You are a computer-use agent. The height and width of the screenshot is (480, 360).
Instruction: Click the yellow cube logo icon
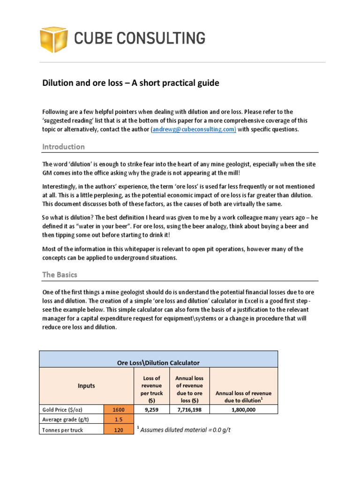tap(54, 38)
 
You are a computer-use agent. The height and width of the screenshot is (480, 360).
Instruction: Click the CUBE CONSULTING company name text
tap(140, 38)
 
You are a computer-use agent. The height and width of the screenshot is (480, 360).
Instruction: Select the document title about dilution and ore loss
tap(131, 83)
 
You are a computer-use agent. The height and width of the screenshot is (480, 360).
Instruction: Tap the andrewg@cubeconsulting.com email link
tap(193, 129)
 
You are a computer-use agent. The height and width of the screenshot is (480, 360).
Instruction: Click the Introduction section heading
tap(63, 147)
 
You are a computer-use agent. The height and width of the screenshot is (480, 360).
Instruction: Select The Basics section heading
tap(60, 274)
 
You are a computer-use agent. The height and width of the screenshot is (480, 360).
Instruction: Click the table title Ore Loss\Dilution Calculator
tap(158, 362)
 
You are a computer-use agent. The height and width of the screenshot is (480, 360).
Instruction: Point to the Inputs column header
tap(86, 386)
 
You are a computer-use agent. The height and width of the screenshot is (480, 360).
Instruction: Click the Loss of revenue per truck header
tap(151, 386)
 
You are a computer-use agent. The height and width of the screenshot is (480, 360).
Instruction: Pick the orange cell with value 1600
tap(119, 409)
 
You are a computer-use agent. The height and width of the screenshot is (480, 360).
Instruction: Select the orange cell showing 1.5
tap(119, 420)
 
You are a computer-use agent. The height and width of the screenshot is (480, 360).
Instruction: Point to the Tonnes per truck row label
tap(62, 430)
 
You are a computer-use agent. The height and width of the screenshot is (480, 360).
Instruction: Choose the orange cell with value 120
tap(119, 430)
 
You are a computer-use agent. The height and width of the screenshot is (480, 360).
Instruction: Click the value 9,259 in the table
tap(151, 409)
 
